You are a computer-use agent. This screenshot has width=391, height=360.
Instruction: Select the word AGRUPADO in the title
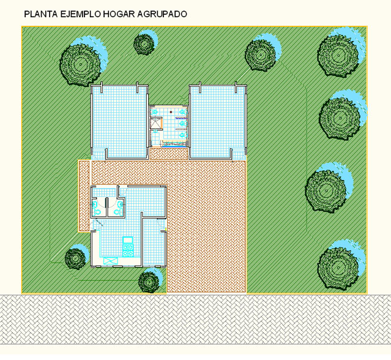tap(162, 14)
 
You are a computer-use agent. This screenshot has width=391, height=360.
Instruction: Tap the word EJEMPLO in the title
tap(81, 14)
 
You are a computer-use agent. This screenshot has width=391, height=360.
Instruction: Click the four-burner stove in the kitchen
tap(128, 250)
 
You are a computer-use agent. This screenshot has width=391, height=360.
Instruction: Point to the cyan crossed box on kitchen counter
tap(111, 261)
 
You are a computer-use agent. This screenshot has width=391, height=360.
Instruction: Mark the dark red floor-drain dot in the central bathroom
tap(171, 112)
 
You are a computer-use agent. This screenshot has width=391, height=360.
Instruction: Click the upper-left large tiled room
tap(119, 122)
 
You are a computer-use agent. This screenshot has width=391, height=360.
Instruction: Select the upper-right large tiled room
tap(218, 122)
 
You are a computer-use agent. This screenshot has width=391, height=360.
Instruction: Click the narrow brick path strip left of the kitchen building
tap(84, 196)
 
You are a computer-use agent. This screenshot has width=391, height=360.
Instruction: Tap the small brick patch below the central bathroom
tap(168, 154)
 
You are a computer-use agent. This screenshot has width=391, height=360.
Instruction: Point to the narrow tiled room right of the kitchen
tap(154, 241)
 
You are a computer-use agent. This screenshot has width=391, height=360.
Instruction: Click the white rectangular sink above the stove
tap(128, 240)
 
